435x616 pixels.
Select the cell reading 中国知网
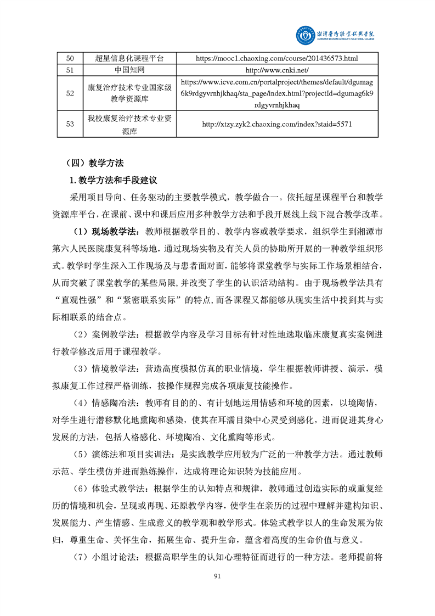[x=131, y=70]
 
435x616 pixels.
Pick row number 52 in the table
[x=70, y=93]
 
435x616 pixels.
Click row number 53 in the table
[x=70, y=124]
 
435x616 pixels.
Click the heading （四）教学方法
[x=94, y=163]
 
